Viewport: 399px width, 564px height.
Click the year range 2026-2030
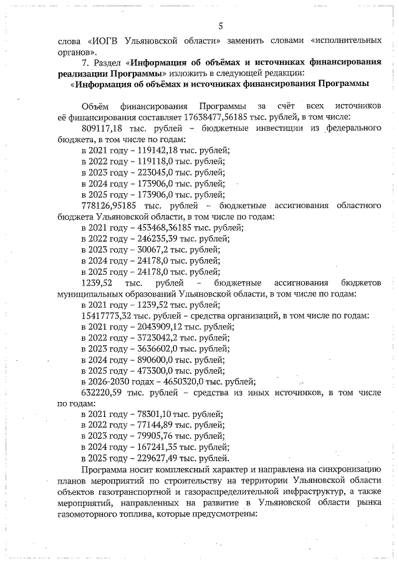113,381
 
